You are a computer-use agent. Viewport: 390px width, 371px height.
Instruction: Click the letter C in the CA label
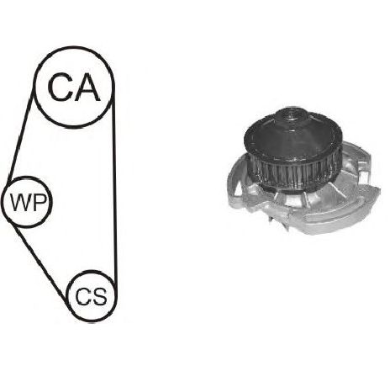pyautogui.click(x=60, y=87)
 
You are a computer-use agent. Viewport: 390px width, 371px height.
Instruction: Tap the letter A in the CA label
pyautogui.click(x=87, y=87)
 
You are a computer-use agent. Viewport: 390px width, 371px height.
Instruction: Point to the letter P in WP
pyautogui.click(x=40, y=203)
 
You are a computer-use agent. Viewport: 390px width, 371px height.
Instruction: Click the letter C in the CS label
pyautogui.click(x=82, y=296)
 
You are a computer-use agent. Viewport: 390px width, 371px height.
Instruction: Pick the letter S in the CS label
pyautogui.click(x=99, y=296)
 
